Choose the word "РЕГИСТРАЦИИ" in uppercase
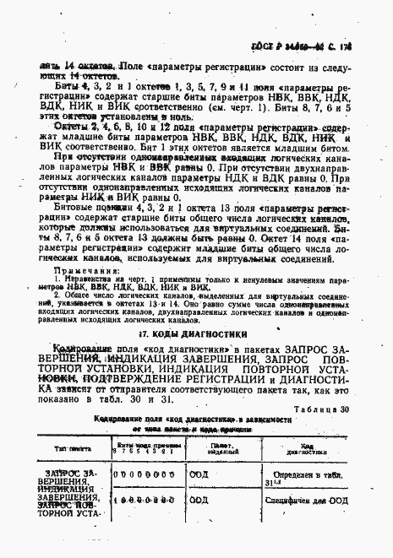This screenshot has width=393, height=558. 236,379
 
